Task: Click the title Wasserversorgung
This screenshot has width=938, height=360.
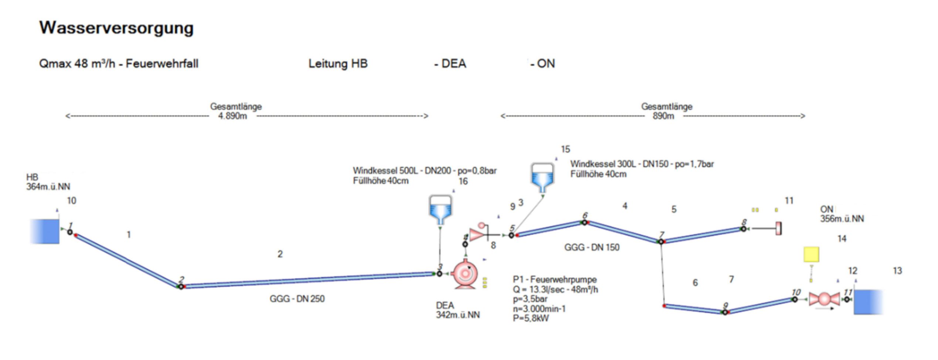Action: pos(116,28)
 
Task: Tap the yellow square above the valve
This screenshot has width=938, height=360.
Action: pos(811,254)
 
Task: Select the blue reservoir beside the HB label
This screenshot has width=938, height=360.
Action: pos(45,231)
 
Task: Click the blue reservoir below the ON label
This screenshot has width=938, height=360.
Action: pos(868,302)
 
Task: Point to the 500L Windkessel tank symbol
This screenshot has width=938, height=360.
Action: pos(440,209)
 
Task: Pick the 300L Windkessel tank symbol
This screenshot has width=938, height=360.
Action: pos(542,177)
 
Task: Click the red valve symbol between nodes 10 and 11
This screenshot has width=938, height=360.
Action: pos(824,299)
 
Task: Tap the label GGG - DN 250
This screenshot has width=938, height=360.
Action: pos(297,299)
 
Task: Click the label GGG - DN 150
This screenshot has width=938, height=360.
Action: pos(592,247)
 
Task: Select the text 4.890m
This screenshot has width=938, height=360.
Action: pos(232,116)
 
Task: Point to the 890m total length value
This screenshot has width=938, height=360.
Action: pos(663,116)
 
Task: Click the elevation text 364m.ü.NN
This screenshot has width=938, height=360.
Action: pos(48,187)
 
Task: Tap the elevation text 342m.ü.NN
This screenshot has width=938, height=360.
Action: pos(458,315)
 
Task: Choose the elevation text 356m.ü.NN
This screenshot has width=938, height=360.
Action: pos(842,219)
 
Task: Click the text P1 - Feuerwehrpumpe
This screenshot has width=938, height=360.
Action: pos(554,279)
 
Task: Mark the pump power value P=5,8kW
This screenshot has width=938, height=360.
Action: pos(531,318)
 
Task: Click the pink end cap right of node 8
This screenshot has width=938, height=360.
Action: pos(778,228)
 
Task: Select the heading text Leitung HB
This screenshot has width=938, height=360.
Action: pos(338,64)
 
